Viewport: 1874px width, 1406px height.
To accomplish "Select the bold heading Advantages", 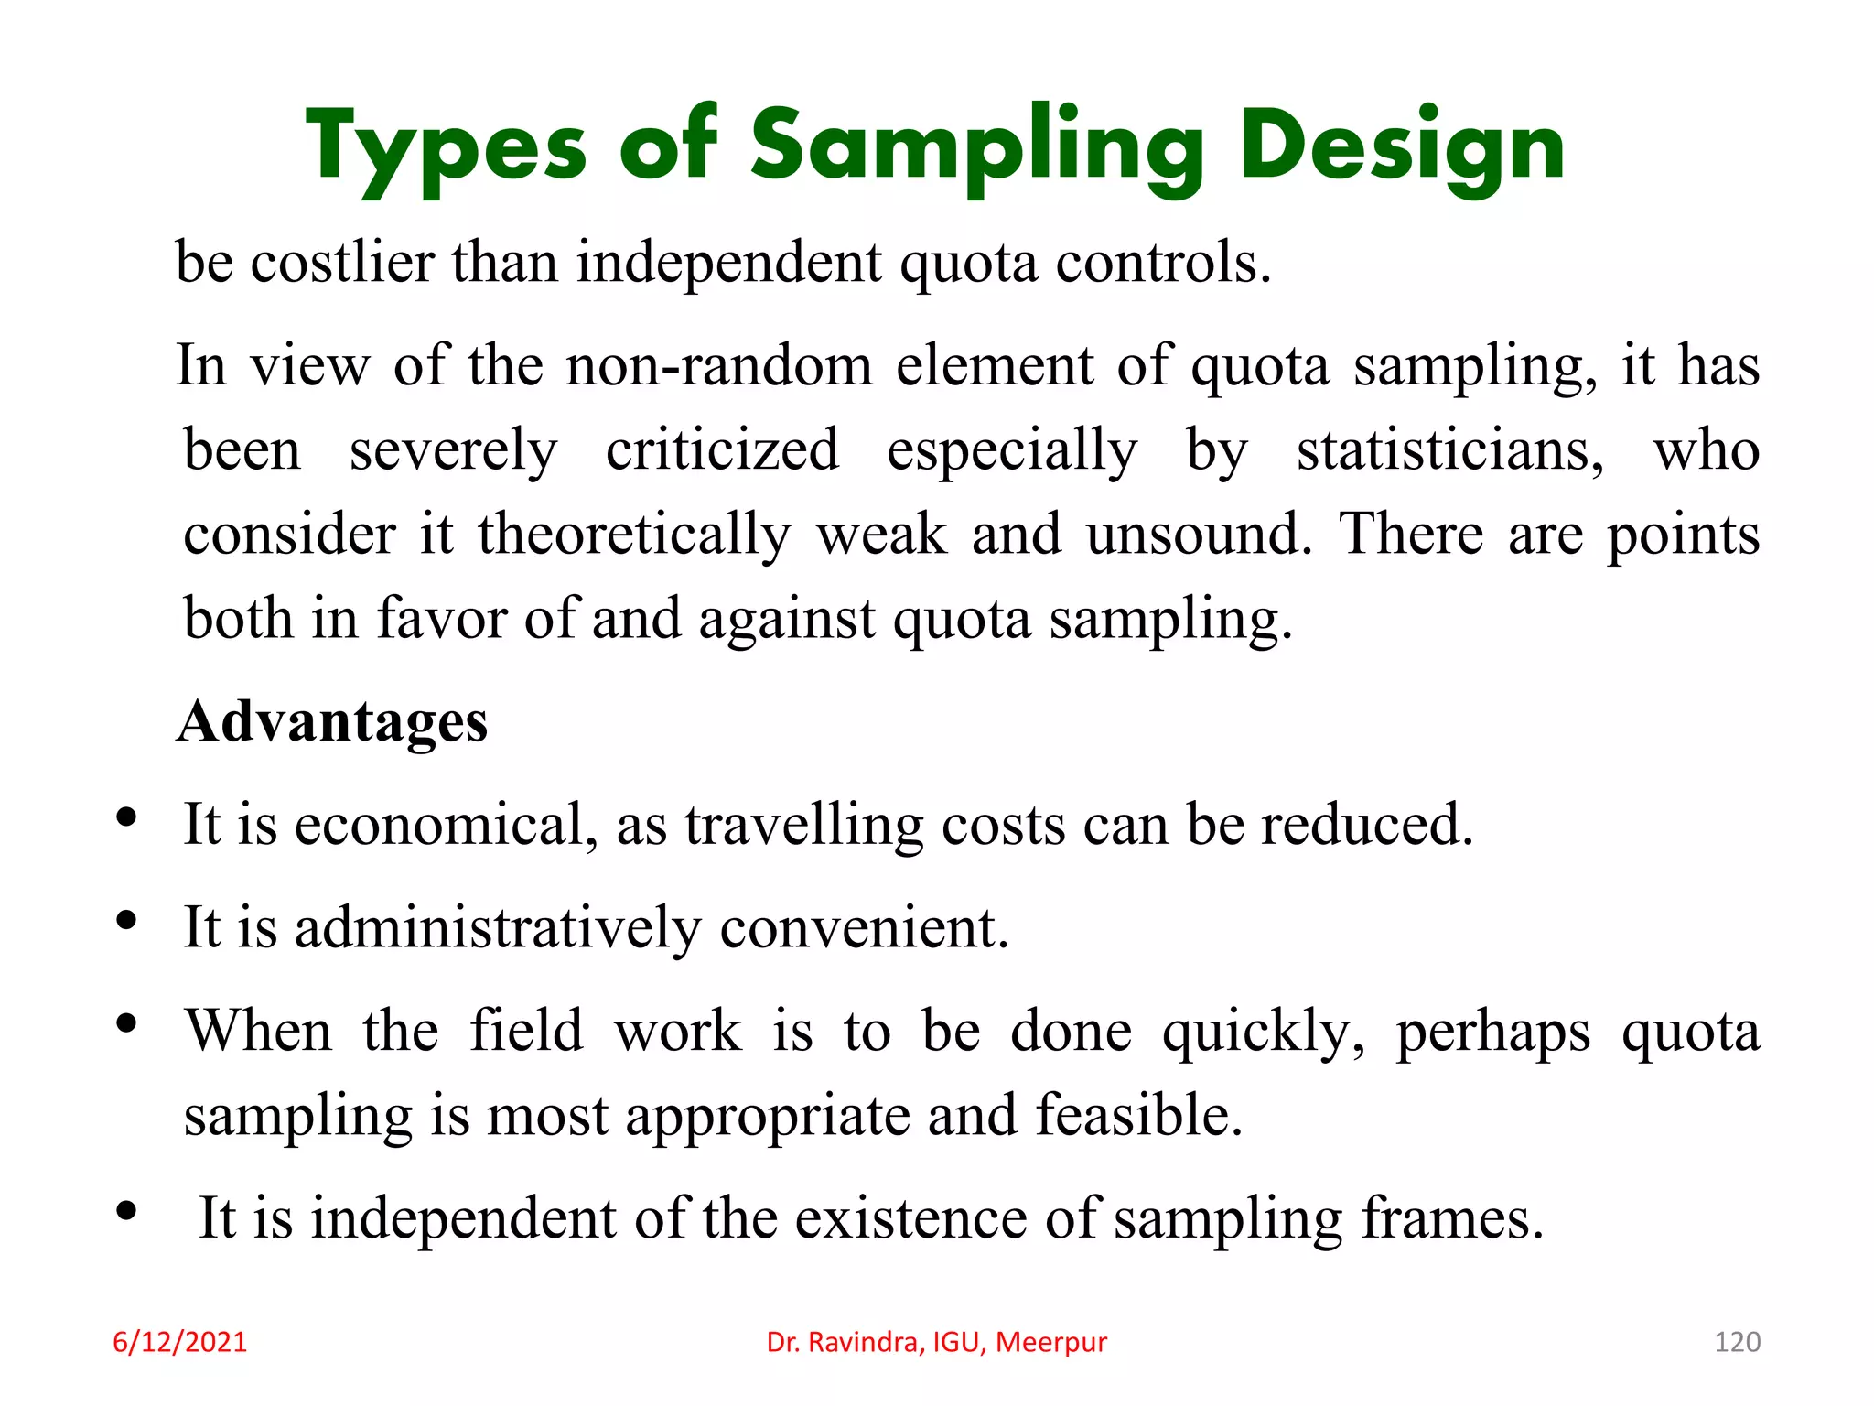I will (x=333, y=721).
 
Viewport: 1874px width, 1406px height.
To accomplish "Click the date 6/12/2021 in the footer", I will (x=180, y=1342).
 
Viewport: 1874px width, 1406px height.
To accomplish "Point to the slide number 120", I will (x=1737, y=1342).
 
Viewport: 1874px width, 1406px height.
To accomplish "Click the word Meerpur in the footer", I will (x=1051, y=1342).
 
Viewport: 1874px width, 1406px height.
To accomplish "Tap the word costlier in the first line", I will (x=343, y=263).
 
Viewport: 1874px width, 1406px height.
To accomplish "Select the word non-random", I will (x=719, y=365).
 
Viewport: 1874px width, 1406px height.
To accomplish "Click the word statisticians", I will (x=1450, y=449).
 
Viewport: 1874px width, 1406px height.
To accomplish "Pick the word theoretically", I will (x=634, y=535).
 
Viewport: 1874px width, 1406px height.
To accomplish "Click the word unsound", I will (x=1199, y=535).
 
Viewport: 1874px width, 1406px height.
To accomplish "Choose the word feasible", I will (x=1139, y=1115).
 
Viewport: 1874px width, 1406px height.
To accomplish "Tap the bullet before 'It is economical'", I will (x=127, y=817).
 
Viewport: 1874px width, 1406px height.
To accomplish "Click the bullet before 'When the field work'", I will (x=127, y=1023).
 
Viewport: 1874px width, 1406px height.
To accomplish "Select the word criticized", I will (x=722, y=449).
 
